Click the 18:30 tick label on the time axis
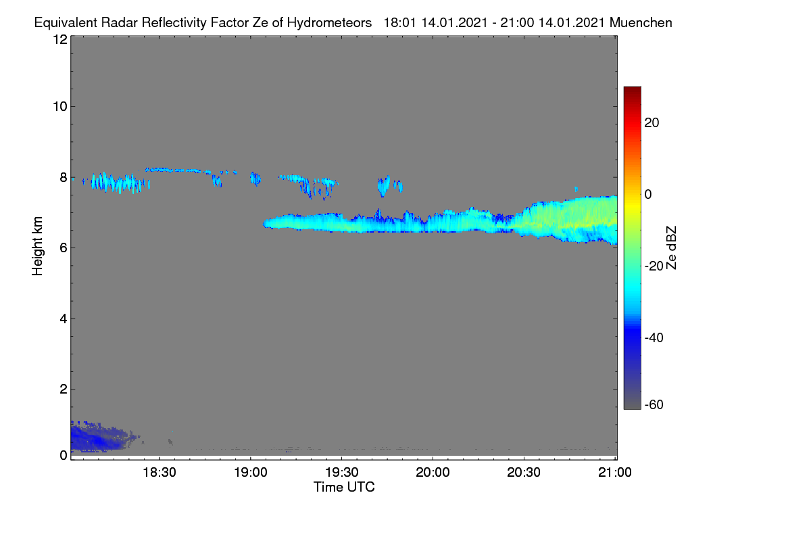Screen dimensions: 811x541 click(159, 473)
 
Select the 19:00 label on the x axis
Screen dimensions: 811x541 click(251, 473)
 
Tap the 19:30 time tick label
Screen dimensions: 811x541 click(342, 473)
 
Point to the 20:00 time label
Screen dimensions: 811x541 click(433, 473)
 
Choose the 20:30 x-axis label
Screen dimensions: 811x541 click(524, 473)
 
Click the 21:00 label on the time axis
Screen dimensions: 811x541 click(615, 473)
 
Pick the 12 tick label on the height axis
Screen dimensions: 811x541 click(60, 39)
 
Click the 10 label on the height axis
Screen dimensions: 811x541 click(60, 107)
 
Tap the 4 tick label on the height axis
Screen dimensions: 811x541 click(64, 319)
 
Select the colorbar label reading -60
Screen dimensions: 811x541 click(654, 405)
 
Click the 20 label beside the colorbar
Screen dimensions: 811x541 click(652, 123)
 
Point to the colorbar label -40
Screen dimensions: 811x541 click(654, 337)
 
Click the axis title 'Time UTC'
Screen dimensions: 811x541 click(344, 487)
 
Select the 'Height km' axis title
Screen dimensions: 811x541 click(37, 246)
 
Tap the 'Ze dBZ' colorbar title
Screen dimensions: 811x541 click(671, 248)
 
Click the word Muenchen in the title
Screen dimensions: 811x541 click(641, 22)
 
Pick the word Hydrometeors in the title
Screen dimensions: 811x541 click(329, 23)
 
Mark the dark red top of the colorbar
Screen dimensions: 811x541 click(632, 90)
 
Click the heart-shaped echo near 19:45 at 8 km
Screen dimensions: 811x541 click(383, 185)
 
